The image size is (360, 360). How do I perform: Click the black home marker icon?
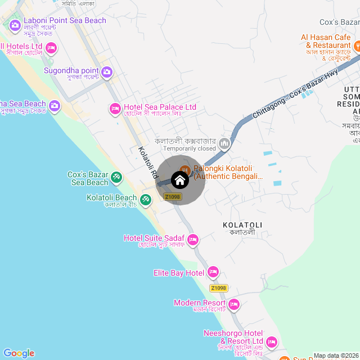coord(179,180)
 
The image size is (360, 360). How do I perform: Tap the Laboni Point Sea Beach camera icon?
coord(15,25)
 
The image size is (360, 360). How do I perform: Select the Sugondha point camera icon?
coord(107,72)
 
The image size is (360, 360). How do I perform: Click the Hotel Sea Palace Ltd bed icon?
coord(115,108)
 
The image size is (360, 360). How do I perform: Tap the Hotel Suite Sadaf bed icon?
coord(193,240)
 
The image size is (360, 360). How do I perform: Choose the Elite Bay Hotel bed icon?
coord(213,273)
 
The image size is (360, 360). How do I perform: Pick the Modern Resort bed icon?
coord(234,305)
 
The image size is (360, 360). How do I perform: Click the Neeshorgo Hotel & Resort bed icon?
coord(272,342)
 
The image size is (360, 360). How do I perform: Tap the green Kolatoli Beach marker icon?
coord(146,199)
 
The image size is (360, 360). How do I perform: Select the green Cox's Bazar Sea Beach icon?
coord(116,178)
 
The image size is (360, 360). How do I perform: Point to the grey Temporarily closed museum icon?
coord(224,144)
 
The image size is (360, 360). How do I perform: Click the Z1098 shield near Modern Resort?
coord(219,288)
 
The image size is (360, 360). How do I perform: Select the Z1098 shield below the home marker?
coord(172,197)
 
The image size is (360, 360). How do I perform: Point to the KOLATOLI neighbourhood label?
coord(242,225)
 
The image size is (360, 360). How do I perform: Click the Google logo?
coord(19,353)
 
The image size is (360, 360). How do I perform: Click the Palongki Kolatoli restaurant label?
coord(228,172)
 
